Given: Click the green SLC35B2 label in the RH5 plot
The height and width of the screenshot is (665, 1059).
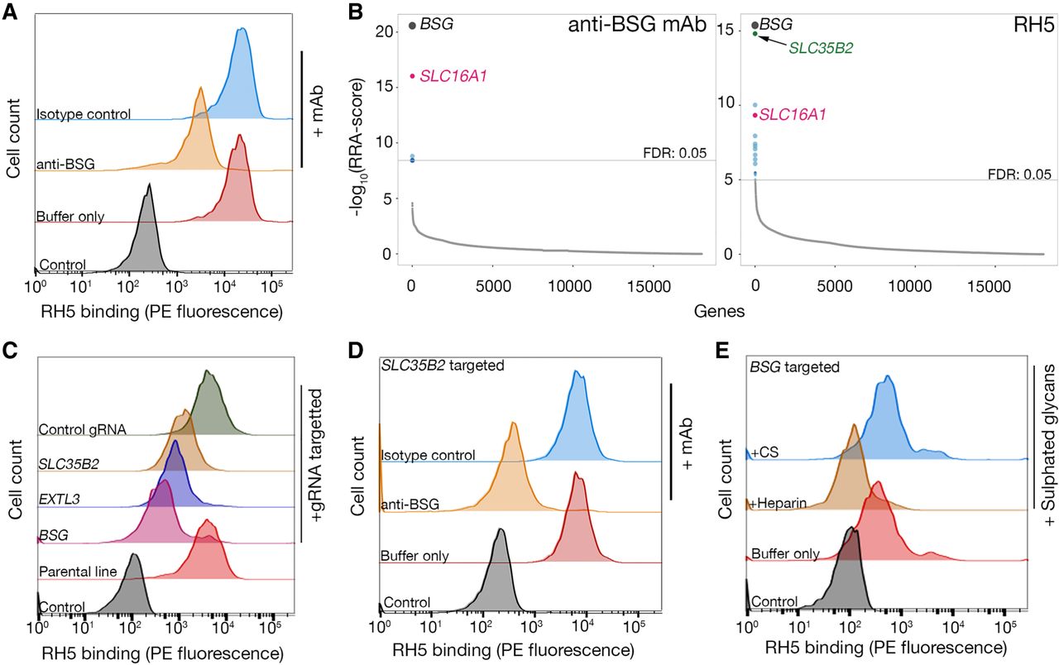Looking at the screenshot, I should tap(821, 49).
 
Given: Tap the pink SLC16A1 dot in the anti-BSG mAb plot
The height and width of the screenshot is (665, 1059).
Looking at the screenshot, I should tap(412, 76).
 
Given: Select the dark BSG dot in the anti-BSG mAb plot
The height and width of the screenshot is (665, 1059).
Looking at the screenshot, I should tap(412, 26).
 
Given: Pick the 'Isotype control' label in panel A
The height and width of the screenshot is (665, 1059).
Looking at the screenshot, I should tap(83, 113).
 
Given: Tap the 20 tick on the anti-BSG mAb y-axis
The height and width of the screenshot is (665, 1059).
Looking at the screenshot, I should tap(381, 31).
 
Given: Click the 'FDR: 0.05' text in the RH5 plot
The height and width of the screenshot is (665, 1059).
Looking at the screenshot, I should tap(1019, 174).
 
